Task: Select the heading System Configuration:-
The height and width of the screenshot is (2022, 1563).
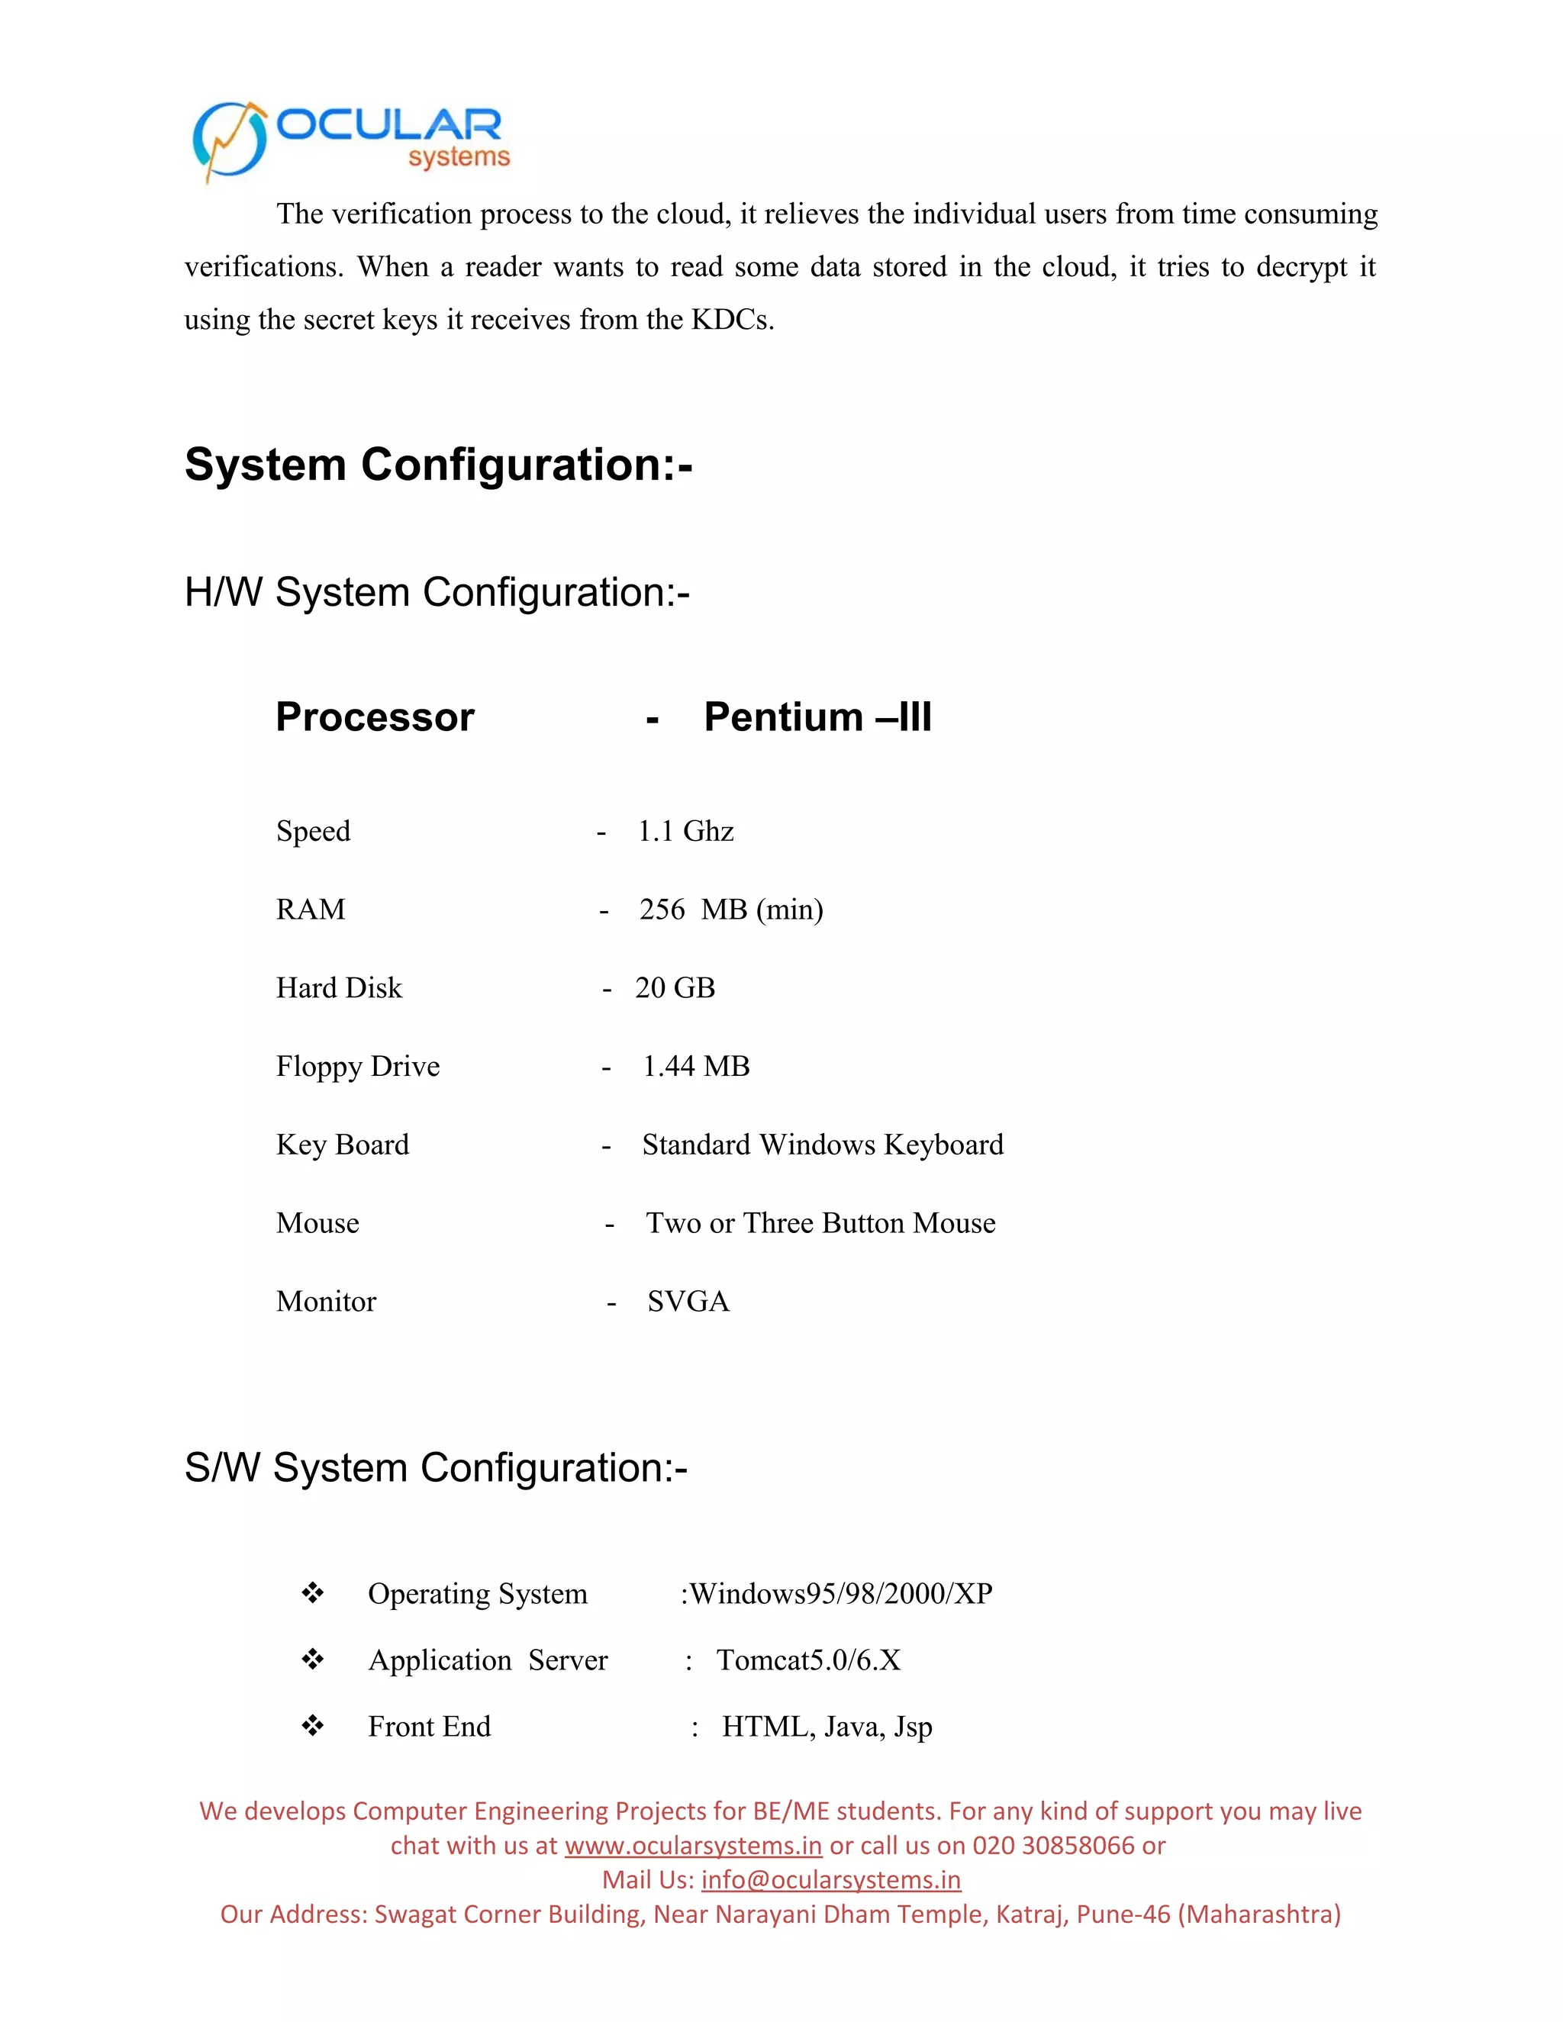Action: [439, 465]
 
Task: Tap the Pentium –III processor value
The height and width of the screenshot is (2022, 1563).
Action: [817, 717]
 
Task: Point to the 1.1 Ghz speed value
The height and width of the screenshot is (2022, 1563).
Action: [685, 832]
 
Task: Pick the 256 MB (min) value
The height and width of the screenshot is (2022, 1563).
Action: [730, 910]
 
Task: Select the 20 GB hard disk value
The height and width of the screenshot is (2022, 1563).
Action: [675, 988]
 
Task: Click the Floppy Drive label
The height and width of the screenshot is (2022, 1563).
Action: [357, 1067]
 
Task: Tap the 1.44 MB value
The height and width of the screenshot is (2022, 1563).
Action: [696, 1067]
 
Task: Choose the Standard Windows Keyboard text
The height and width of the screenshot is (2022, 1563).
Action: [822, 1145]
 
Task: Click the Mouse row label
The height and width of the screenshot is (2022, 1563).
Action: [317, 1224]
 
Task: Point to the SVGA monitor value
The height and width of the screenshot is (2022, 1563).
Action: [688, 1302]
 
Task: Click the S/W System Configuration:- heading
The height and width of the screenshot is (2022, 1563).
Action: [436, 1468]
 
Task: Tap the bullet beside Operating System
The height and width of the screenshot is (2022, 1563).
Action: [313, 1593]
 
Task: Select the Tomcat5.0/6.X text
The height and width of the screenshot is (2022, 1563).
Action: [808, 1660]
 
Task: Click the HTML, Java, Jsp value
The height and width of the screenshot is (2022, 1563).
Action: [827, 1727]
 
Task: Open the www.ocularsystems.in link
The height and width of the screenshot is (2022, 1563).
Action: [694, 1846]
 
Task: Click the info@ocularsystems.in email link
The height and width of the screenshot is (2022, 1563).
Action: [830, 1880]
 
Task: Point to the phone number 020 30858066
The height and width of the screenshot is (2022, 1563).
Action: [1054, 1846]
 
